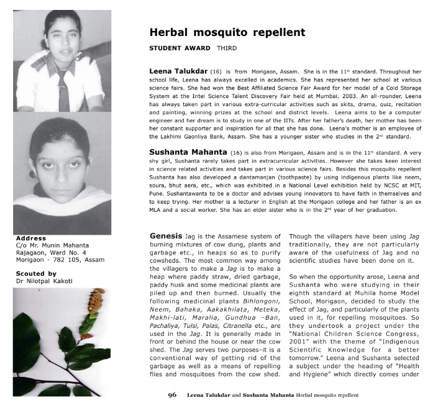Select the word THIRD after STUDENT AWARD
pyautogui.click(x=226, y=47)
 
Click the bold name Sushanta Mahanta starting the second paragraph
pyautogui.click(x=188, y=151)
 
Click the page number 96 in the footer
pyautogui.click(x=172, y=394)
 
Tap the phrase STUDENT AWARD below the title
pyautogui.click(x=180, y=47)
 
